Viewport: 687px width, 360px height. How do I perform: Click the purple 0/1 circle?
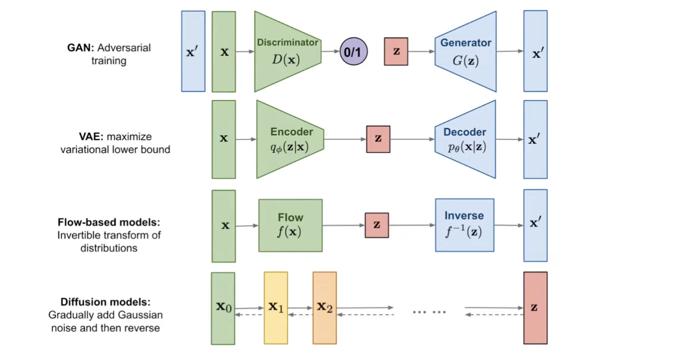click(353, 52)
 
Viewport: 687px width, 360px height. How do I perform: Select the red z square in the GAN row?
click(396, 52)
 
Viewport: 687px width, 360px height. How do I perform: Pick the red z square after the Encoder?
click(378, 139)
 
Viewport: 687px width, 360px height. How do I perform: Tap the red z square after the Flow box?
click(377, 225)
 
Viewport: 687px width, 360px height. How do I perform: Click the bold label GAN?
click(81, 48)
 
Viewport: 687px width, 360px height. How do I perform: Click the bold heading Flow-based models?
click(109, 223)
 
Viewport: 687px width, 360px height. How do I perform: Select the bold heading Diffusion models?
click(105, 302)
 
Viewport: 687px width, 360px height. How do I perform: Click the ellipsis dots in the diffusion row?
click(429, 312)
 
